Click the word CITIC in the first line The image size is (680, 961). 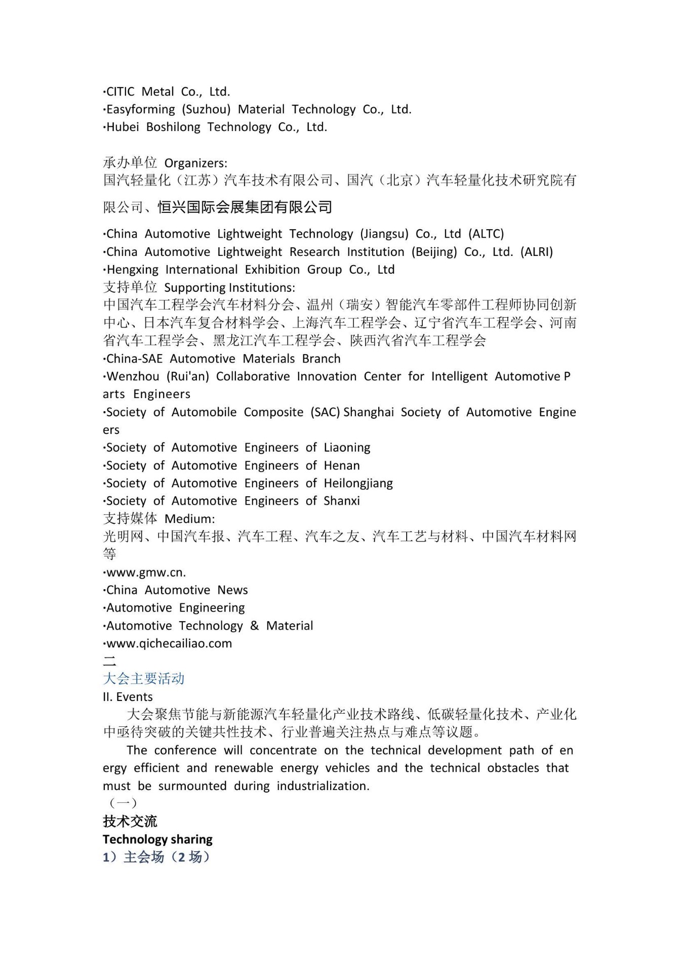point(121,92)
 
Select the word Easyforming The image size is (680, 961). point(140,110)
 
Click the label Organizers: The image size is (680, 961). point(196,163)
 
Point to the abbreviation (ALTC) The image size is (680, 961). point(486,234)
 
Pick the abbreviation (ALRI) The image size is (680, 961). point(537,252)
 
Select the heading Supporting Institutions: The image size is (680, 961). point(229,288)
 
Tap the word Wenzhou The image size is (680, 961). point(133,376)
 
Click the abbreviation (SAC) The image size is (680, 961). point(325,412)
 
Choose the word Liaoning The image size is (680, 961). point(347,448)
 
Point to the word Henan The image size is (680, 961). point(342,465)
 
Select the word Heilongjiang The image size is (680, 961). point(358,484)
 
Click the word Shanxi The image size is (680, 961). point(342,501)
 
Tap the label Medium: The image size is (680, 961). point(190,519)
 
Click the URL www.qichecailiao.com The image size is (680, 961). point(169,643)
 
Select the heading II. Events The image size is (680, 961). point(128,697)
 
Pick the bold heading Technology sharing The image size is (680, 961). point(157,840)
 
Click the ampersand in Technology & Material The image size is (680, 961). point(254,626)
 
